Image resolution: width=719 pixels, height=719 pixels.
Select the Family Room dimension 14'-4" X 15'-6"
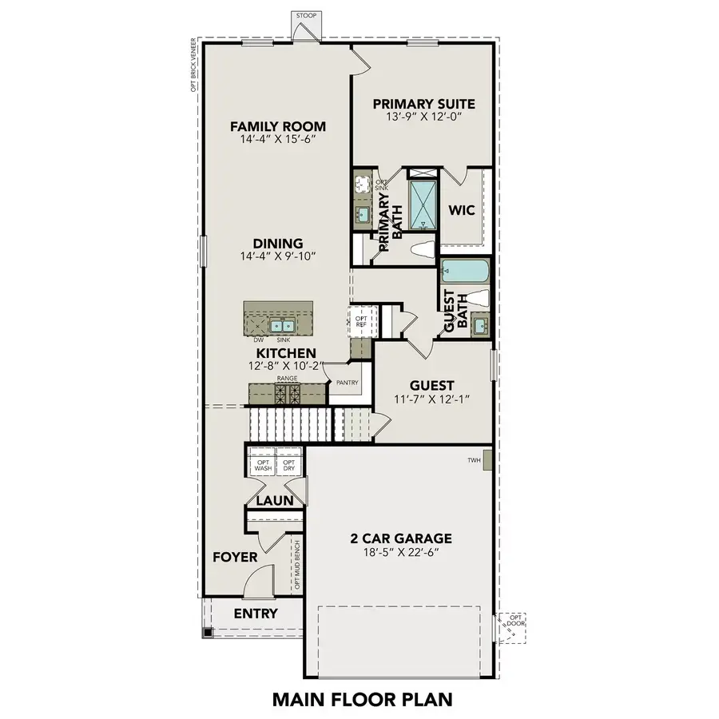click(278, 140)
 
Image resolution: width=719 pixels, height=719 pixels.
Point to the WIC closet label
click(462, 211)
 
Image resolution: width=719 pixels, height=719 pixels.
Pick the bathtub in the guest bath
click(463, 271)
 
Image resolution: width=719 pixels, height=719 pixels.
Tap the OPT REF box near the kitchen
click(360, 316)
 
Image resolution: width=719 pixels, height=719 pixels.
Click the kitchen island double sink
click(280, 325)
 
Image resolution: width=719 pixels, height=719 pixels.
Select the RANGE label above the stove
click(287, 378)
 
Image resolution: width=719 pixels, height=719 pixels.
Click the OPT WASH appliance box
click(263, 465)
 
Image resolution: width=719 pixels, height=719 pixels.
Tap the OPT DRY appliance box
click(288, 465)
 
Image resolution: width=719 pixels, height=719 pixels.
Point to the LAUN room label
click(275, 501)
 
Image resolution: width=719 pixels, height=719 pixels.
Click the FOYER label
click(235, 557)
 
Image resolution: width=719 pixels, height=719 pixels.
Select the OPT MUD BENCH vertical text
click(296, 565)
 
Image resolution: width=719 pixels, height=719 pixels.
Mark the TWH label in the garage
click(474, 461)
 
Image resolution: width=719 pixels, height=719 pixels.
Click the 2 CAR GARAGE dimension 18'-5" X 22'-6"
click(399, 553)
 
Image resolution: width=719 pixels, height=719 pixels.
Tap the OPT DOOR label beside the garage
click(517, 621)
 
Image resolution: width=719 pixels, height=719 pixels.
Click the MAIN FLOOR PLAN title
click(362, 699)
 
